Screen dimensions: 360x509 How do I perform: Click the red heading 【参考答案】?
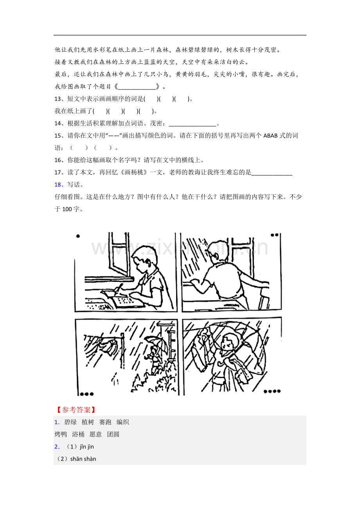[76, 410]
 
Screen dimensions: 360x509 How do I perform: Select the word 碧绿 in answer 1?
[70, 422]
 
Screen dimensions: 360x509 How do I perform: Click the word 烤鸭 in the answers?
[61, 434]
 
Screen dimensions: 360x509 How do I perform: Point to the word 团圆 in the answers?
[113, 434]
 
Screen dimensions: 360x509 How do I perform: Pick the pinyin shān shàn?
[83, 459]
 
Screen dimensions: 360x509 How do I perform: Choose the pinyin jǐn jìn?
[87, 447]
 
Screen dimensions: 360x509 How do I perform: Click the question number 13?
[58, 99]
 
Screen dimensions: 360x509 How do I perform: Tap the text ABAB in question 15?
[271, 136]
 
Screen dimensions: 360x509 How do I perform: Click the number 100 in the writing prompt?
[67, 209]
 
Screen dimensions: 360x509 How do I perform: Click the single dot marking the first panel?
[78, 236]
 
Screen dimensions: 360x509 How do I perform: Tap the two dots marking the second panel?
[274, 235]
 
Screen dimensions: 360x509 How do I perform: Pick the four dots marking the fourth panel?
[272, 391]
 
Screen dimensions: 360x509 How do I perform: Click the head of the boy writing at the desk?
[144, 258]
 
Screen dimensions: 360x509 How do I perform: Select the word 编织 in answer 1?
[123, 422]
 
